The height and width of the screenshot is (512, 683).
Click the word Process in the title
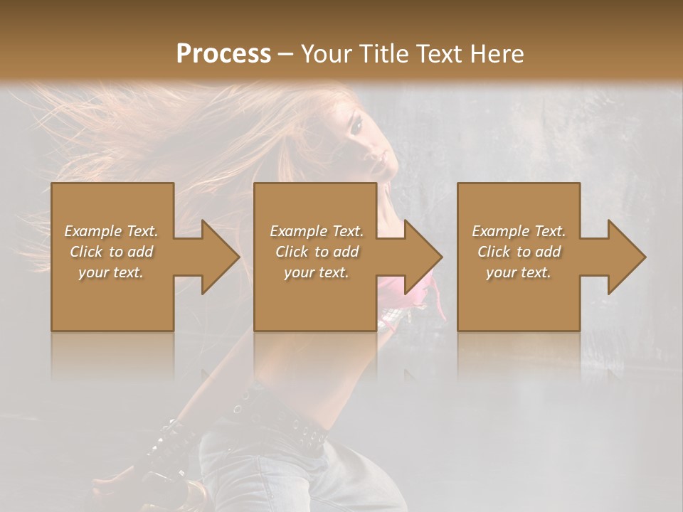pyautogui.click(x=223, y=54)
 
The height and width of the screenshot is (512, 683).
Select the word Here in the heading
pyautogui.click(x=496, y=54)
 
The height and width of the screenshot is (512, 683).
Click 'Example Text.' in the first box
pyautogui.click(x=111, y=231)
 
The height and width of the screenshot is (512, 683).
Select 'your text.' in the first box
pyautogui.click(x=111, y=272)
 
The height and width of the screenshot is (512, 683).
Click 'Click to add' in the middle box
pyautogui.click(x=317, y=252)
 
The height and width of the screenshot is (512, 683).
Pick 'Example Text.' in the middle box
pyautogui.click(x=317, y=231)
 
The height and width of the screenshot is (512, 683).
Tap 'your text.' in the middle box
pyautogui.click(x=317, y=272)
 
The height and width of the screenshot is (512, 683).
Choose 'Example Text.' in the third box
pyautogui.click(x=519, y=231)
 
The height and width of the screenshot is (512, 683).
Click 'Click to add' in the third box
pyautogui.click(x=519, y=252)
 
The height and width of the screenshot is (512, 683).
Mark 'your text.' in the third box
pyautogui.click(x=519, y=272)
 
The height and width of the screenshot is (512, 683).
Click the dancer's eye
pyautogui.click(x=355, y=126)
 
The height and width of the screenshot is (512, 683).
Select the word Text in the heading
pyautogui.click(x=439, y=54)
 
